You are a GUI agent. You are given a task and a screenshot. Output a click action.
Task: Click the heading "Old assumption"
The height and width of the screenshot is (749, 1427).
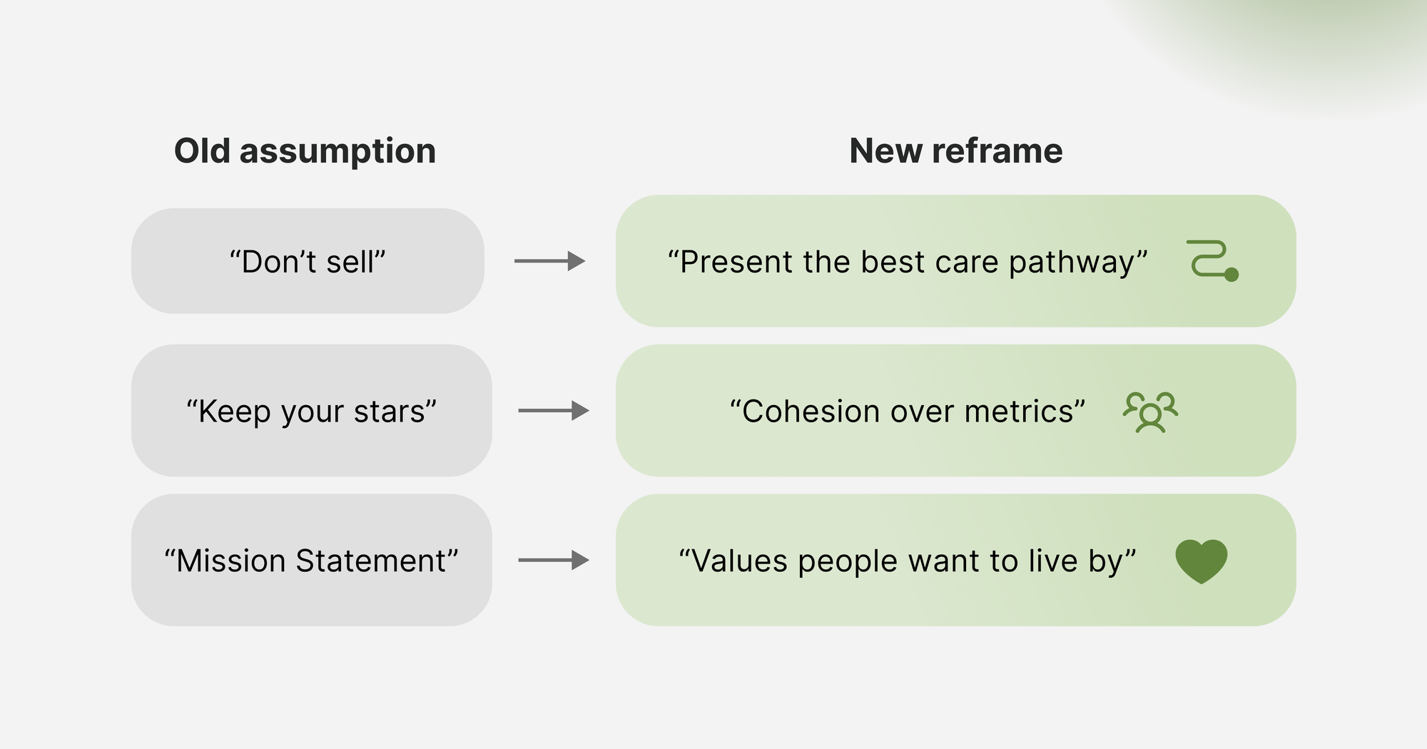click(x=305, y=151)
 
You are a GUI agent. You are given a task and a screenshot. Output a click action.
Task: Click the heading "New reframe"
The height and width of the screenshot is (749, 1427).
click(x=955, y=151)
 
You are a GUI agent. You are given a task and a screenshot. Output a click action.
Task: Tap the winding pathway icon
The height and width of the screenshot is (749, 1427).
click(x=1212, y=260)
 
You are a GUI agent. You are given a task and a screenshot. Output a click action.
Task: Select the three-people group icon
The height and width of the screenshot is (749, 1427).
click(x=1150, y=412)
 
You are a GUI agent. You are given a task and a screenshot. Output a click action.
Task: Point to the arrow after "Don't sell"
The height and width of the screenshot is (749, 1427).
click(x=549, y=261)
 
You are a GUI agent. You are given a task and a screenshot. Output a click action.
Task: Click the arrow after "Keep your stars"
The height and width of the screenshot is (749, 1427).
click(x=553, y=411)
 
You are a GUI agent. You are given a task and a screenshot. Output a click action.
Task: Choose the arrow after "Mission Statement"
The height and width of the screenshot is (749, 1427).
click(x=553, y=561)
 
